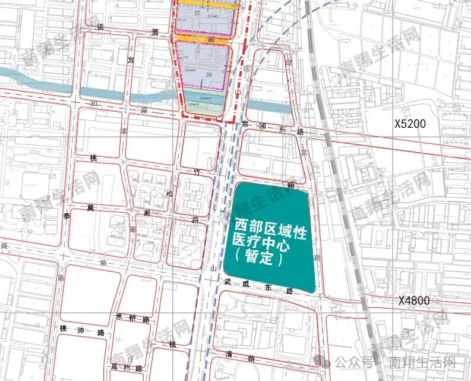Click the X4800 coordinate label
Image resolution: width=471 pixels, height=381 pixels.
pos(422,301)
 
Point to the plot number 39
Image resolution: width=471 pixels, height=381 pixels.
pos(208,74)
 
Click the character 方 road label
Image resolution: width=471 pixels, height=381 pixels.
pos(130,59)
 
